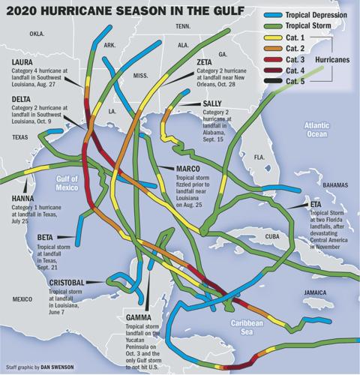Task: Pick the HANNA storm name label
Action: click(x=22, y=199)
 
